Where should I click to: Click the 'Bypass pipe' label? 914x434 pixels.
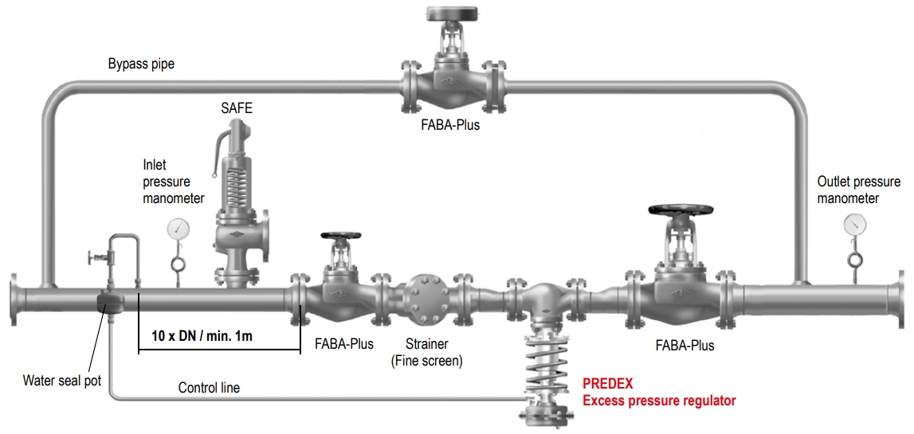click(x=141, y=64)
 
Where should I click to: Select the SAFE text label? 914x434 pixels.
click(x=237, y=108)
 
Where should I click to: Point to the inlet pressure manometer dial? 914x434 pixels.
click(x=178, y=229)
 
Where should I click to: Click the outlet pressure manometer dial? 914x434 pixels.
click(x=855, y=224)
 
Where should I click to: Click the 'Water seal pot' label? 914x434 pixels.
click(x=62, y=381)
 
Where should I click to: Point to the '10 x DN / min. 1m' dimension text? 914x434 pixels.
click(x=202, y=335)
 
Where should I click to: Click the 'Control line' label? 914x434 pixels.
click(x=209, y=388)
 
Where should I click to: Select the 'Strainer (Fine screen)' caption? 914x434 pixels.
click(x=426, y=352)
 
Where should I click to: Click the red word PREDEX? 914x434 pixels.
click(x=607, y=384)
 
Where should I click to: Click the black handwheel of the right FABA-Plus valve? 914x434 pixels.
click(x=681, y=211)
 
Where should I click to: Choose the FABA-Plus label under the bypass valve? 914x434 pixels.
click(x=450, y=125)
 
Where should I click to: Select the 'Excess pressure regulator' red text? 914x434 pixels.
click(x=659, y=400)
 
